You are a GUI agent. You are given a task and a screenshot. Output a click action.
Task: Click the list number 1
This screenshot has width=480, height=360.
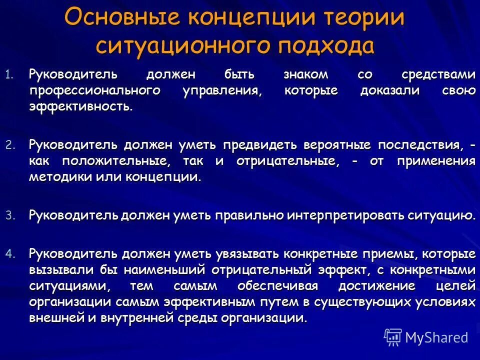point(8,75)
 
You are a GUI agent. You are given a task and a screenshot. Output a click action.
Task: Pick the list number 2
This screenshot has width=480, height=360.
point(8,145)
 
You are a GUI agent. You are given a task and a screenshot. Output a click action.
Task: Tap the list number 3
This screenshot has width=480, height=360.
point(8,215)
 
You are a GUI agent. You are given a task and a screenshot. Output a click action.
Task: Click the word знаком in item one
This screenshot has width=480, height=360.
point(305,74)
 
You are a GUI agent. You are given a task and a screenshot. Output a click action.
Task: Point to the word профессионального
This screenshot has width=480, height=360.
point(94,90)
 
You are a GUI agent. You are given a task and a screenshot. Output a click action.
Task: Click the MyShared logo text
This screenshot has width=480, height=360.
point(436,337)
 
